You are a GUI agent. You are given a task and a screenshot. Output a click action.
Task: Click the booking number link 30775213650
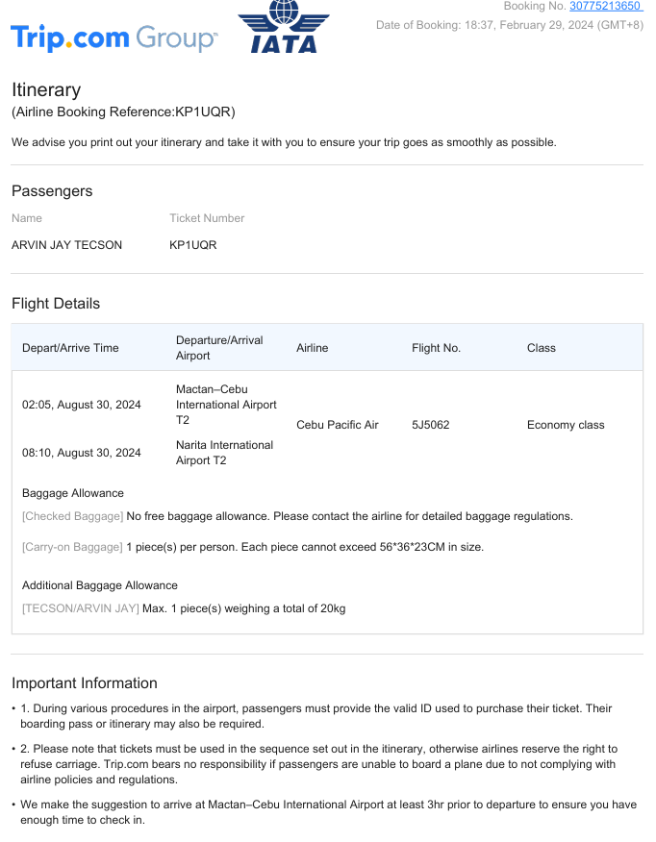[x=605, y=7]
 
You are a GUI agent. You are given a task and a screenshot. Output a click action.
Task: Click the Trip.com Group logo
[x=114, y=38]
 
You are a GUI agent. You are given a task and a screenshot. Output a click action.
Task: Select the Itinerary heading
[x=46, y=89]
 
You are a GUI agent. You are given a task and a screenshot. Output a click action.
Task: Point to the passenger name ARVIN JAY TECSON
[x=67, y=245]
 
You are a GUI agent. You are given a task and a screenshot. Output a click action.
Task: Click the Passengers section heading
[x=52, y=191]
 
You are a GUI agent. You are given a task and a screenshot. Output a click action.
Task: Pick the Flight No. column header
[x=436, y=348]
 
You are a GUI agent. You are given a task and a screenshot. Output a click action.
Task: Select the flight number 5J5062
[x=430, y=425]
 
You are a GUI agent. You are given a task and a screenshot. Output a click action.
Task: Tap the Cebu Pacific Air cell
[x=338, y=425]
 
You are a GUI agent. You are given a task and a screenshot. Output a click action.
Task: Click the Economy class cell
[x=566, y=425]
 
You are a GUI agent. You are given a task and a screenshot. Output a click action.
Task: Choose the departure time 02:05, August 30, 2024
[x=82, y=405]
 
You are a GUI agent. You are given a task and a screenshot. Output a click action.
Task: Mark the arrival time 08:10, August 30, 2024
[x=82, y=453]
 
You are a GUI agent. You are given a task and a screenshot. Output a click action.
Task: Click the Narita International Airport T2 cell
[x=224, y=453]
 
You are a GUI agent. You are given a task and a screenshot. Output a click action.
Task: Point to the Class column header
[x=542, y=348]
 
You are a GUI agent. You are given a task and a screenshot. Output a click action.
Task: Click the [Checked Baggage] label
[x=73, y=516]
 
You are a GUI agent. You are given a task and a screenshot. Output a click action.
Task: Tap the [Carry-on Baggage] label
[x=73, y=547]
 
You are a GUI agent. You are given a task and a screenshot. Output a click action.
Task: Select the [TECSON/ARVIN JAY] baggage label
[x=81, y=608]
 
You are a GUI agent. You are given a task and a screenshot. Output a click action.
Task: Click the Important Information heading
[x=85, y=683]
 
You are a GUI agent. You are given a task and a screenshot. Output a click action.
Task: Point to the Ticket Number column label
[x=207, y=218]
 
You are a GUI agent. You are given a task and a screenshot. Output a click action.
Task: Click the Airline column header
[x=313, y=348]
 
